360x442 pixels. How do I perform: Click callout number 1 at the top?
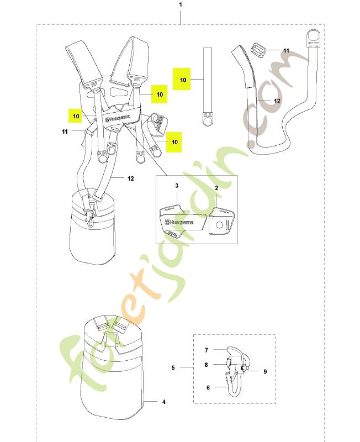click(181, 5)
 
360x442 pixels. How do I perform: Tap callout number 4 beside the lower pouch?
click(164, 402)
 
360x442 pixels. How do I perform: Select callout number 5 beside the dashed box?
click(173, 367)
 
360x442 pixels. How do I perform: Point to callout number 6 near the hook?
click(208, 388)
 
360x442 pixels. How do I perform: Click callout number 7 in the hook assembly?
click(206, 350)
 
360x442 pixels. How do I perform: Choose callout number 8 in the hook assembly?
click(206, 365)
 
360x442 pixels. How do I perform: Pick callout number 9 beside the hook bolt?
click(265, 371)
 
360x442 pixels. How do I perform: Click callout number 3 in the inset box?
click(177, 186)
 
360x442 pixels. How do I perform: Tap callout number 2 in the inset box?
click(216, 188)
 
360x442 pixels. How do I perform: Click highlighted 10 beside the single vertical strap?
click(183, 80)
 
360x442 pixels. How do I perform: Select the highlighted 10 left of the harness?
click(76, 116)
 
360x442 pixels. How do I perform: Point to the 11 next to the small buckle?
click(286, 51)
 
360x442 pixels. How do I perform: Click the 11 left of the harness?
click(65, 131)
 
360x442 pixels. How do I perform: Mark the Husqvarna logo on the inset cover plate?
click(179, 222)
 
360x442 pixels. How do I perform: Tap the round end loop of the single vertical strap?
click(208, 121)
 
